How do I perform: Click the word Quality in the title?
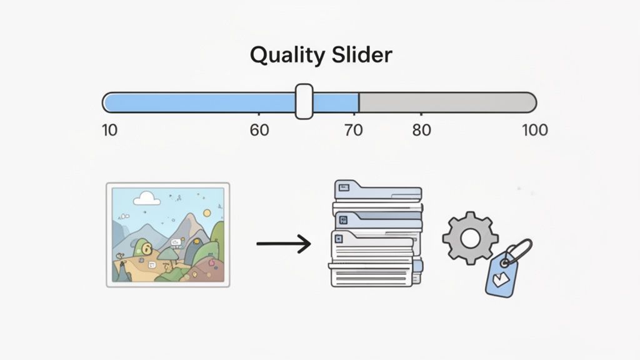point(285,56)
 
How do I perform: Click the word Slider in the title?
point(362,55)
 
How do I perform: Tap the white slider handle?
point(304,102)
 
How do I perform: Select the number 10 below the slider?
point(109,130)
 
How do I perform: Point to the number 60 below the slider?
point(259,130)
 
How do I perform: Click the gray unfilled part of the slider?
point(446,102)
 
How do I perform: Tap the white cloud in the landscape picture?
point(146,198)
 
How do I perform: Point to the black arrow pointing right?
point(284,243)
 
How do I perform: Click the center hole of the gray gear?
point(470,238)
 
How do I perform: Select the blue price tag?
point(503,274)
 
